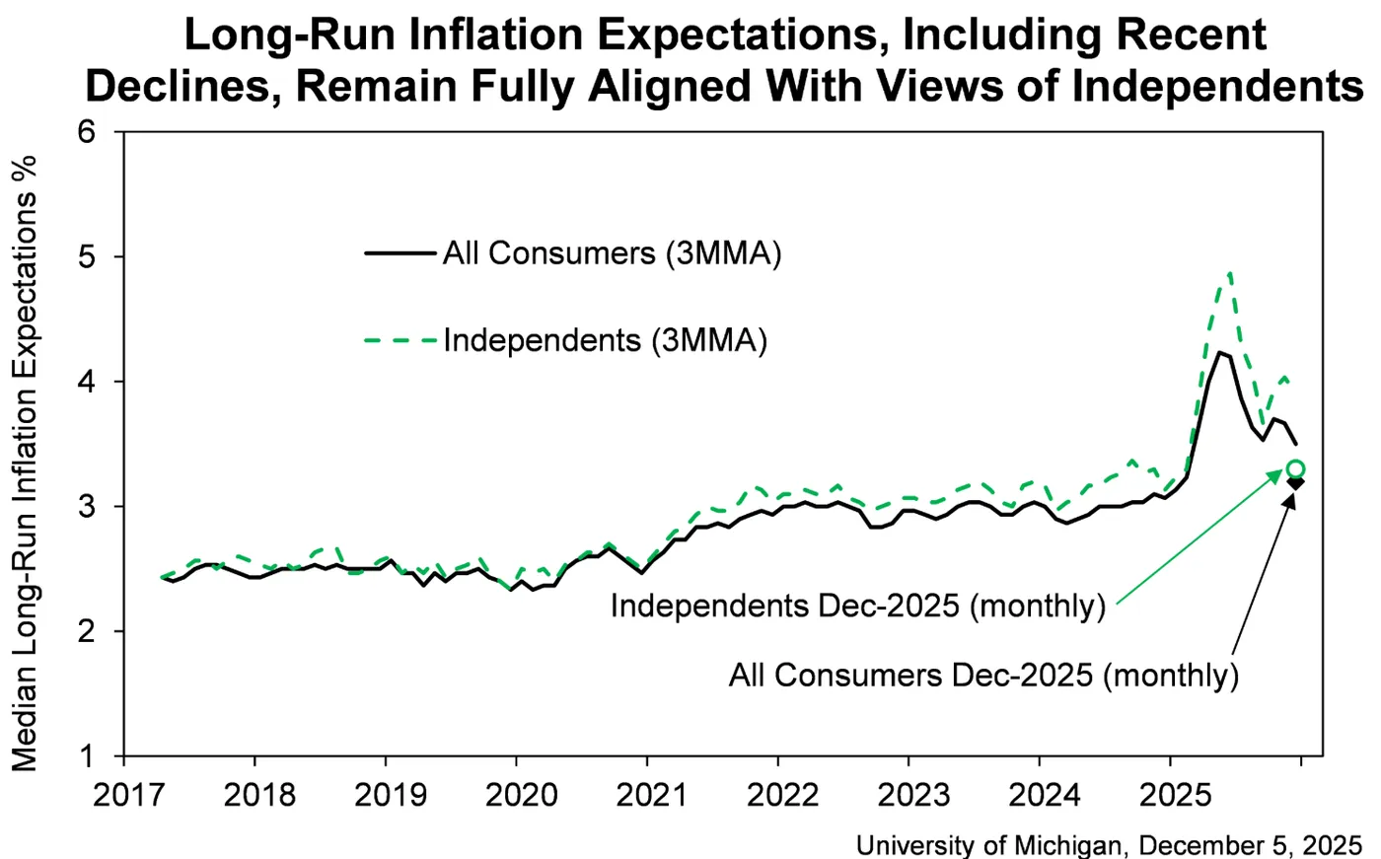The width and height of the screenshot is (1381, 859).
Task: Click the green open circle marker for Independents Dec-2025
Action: (1295, 469)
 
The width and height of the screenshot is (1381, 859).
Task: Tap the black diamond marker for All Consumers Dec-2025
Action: (1295, 482)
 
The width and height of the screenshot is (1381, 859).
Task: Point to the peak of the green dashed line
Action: (1230, 273)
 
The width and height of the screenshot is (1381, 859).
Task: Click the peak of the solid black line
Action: (1220, 352)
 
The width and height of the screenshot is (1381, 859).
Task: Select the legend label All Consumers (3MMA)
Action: (612, 253)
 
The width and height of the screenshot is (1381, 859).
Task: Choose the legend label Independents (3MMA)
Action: (605, 340)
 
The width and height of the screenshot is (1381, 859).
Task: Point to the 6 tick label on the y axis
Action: (88, 131)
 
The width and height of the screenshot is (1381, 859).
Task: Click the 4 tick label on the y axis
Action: (88, 382)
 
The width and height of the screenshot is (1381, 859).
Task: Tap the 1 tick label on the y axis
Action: (88, 756)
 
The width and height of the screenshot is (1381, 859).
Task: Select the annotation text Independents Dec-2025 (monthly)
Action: (857, 605)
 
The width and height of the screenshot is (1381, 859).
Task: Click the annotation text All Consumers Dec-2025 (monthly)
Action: (983, 676)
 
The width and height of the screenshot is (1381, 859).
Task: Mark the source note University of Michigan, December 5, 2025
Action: (1109, 845)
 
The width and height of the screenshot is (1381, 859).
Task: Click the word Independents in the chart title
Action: (1217, 87)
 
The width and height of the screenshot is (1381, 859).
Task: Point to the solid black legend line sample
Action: (400, 253)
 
